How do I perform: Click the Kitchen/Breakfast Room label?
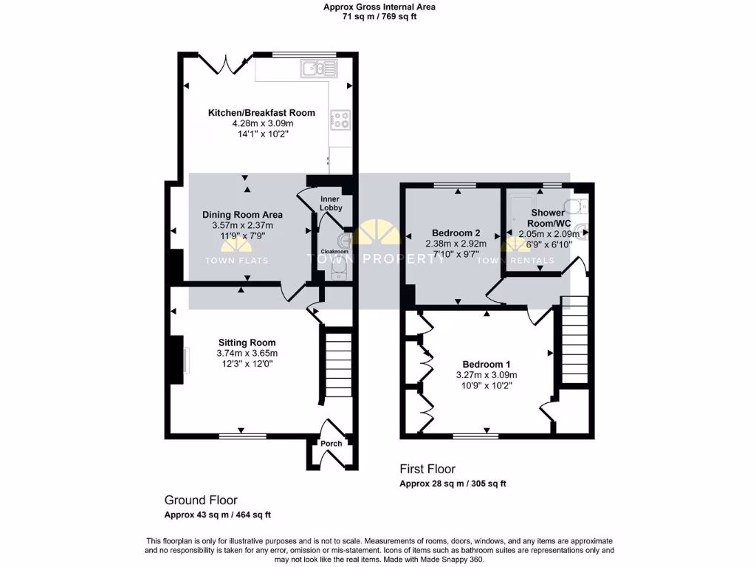coord(261,113)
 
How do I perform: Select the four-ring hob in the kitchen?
coord(340,120)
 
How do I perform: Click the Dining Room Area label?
coord(242,215)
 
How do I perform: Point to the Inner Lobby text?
coord(331,204)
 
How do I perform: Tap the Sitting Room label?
coord(247,343)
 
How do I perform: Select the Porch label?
coord(331,444)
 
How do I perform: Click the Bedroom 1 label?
coord(486,365)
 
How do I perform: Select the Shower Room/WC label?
coord(548,218)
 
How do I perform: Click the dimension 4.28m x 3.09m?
coord(262,124)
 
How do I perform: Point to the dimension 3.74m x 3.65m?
coord(247,354)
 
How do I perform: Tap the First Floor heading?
coord(427,469)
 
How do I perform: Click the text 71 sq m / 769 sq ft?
coord(379,16)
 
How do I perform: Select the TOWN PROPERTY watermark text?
coord(377,259)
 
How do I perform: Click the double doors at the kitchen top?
coord(225,63)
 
